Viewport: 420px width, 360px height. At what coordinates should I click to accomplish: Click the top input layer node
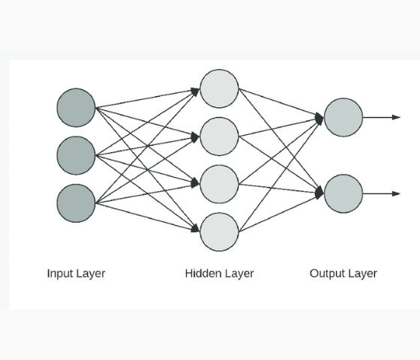[76, 107]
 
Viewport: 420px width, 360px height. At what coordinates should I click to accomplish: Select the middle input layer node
[76, 155]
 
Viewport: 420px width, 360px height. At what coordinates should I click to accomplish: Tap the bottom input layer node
[76, 203]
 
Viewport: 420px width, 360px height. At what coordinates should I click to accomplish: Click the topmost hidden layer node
[219, 88]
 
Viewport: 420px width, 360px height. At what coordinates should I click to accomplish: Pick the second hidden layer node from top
[219, 136]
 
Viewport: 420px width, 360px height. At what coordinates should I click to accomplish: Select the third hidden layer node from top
[219, 184]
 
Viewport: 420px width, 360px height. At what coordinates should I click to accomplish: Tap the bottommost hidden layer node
[219, 232]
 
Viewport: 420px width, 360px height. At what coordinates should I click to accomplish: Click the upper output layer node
[343, 118]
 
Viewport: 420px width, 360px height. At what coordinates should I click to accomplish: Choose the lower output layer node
[343, 193]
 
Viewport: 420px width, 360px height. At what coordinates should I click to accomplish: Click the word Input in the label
[59, 274]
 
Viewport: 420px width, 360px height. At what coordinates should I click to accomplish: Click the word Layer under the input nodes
[90, 274]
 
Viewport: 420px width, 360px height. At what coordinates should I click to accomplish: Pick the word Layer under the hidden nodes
[239, 274]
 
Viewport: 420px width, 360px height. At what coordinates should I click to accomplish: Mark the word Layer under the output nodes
[362, 274]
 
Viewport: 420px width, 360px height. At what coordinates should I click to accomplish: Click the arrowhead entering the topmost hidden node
[195, 91]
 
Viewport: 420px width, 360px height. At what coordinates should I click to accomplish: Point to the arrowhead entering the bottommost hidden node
[195, 229]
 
